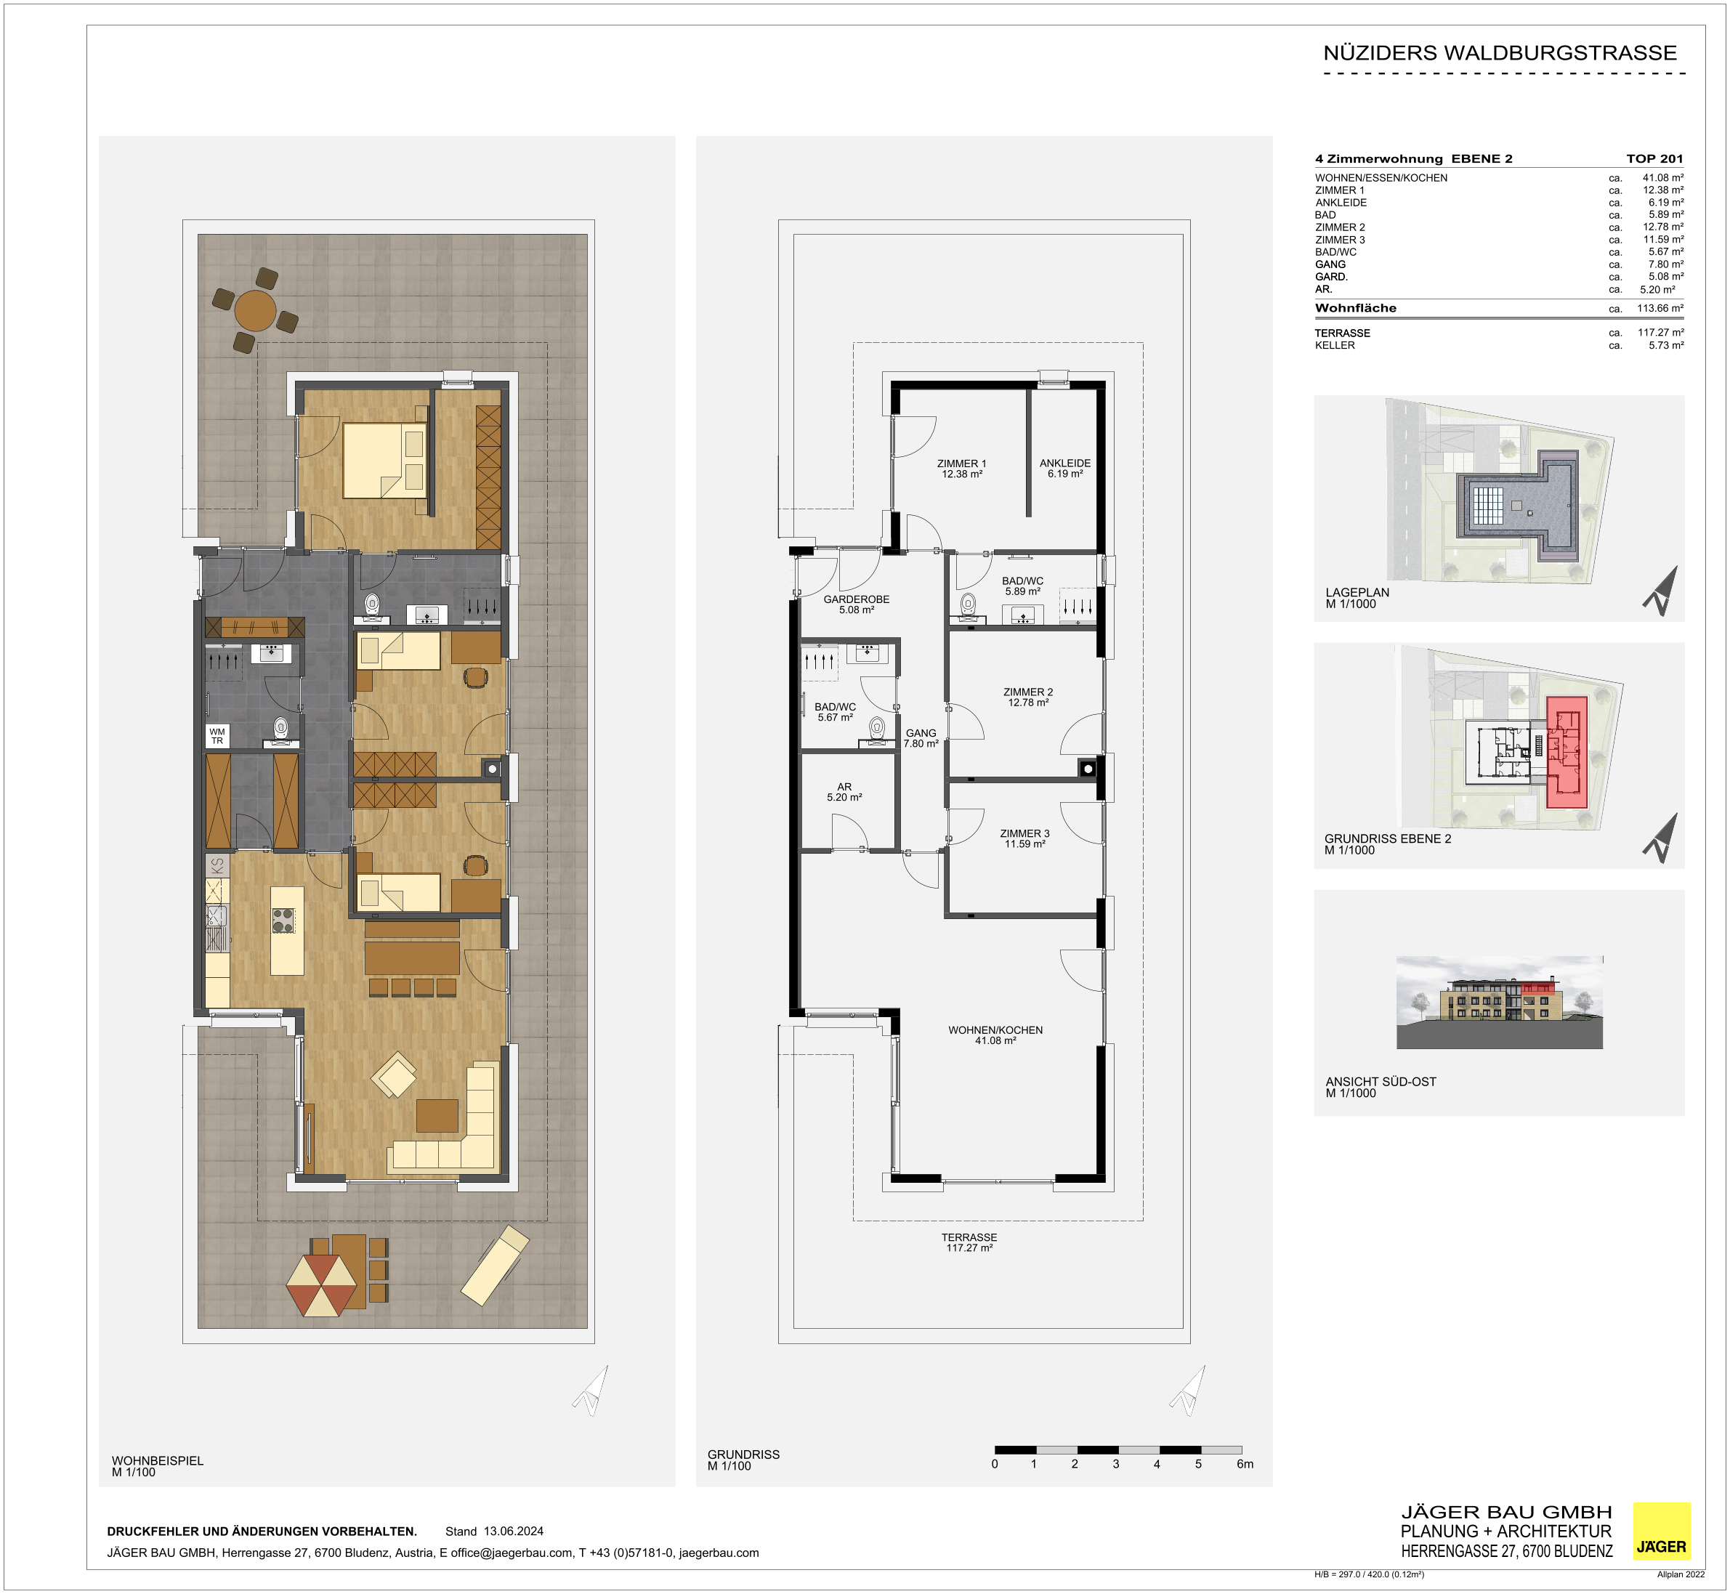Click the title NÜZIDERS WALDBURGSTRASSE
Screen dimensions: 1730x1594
coord(1500,52)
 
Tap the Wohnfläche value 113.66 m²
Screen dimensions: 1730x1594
coord(1660,308)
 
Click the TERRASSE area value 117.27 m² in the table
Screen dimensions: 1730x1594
coord(1661,332)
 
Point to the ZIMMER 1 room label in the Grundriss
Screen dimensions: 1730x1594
coord(961,469)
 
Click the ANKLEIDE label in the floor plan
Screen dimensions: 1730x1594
coord(1065,469)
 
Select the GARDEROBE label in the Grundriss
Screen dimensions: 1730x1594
coord(857,604)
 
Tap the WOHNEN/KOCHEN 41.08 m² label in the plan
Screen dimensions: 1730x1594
coord(995,1035)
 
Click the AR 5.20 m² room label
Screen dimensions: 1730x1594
coord(844,792)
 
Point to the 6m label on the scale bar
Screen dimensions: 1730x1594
coord(1245,1464)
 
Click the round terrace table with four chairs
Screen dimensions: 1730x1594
coord(255,310)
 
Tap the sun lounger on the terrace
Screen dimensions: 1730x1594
coord(495,1264)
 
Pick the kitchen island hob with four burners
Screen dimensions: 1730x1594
coord(283,921)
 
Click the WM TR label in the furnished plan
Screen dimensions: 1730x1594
coord(217,736)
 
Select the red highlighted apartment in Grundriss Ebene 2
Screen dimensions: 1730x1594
coord(1566,752)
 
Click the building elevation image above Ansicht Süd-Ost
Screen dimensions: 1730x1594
coord(1500,1003)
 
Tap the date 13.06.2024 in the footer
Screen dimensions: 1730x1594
coord(513,1531)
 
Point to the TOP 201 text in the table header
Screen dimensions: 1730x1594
coord(1655,158)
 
